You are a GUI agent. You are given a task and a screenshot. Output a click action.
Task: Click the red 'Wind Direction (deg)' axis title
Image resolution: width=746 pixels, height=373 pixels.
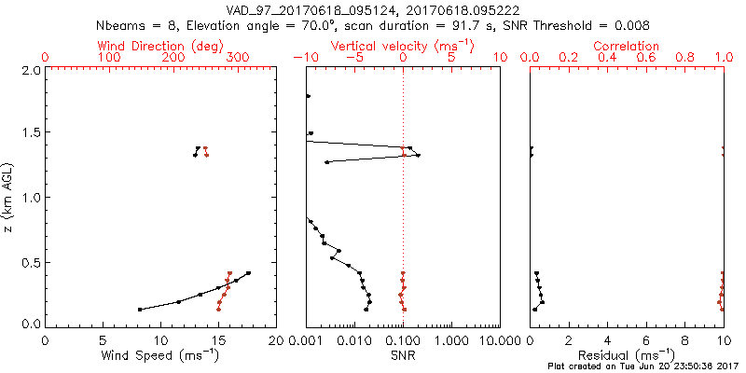tap(160, 46)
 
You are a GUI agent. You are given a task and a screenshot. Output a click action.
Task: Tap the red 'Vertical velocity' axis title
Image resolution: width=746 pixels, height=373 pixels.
tap(403, 46)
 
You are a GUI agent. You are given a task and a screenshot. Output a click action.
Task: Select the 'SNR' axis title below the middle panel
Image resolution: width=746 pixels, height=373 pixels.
tap(403, 354)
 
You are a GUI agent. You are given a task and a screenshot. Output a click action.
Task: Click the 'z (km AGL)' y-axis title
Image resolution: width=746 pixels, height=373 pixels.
tap(9, 198)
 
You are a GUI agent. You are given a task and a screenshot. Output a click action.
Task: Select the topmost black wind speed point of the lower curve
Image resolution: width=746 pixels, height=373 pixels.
tap(249, 273)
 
